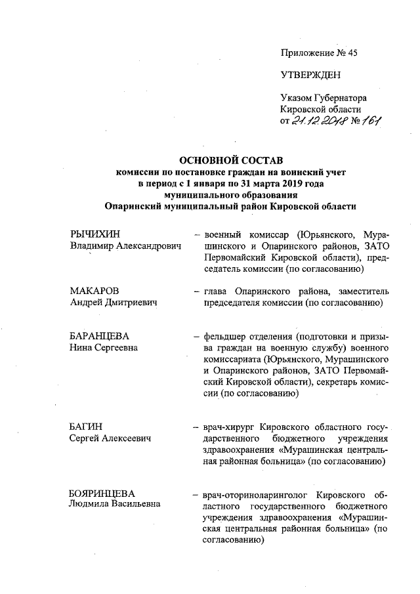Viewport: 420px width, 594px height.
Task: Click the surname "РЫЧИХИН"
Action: pos(96,234)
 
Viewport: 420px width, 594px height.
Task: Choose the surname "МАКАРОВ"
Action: pos(96,291)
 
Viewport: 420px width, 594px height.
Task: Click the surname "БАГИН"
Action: pos(87,427)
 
